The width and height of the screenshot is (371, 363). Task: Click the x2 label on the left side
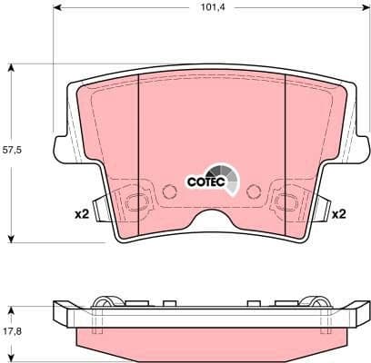point(81,214)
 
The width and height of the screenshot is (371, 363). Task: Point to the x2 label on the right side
point(337,214)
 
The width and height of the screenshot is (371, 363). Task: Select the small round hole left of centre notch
point(169,191)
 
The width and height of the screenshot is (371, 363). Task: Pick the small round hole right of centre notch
point(254,191)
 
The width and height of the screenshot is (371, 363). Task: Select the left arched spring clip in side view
point(110,303)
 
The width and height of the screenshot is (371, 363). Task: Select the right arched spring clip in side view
point(313,303)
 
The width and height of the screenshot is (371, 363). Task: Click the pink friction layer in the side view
point(211,338)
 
